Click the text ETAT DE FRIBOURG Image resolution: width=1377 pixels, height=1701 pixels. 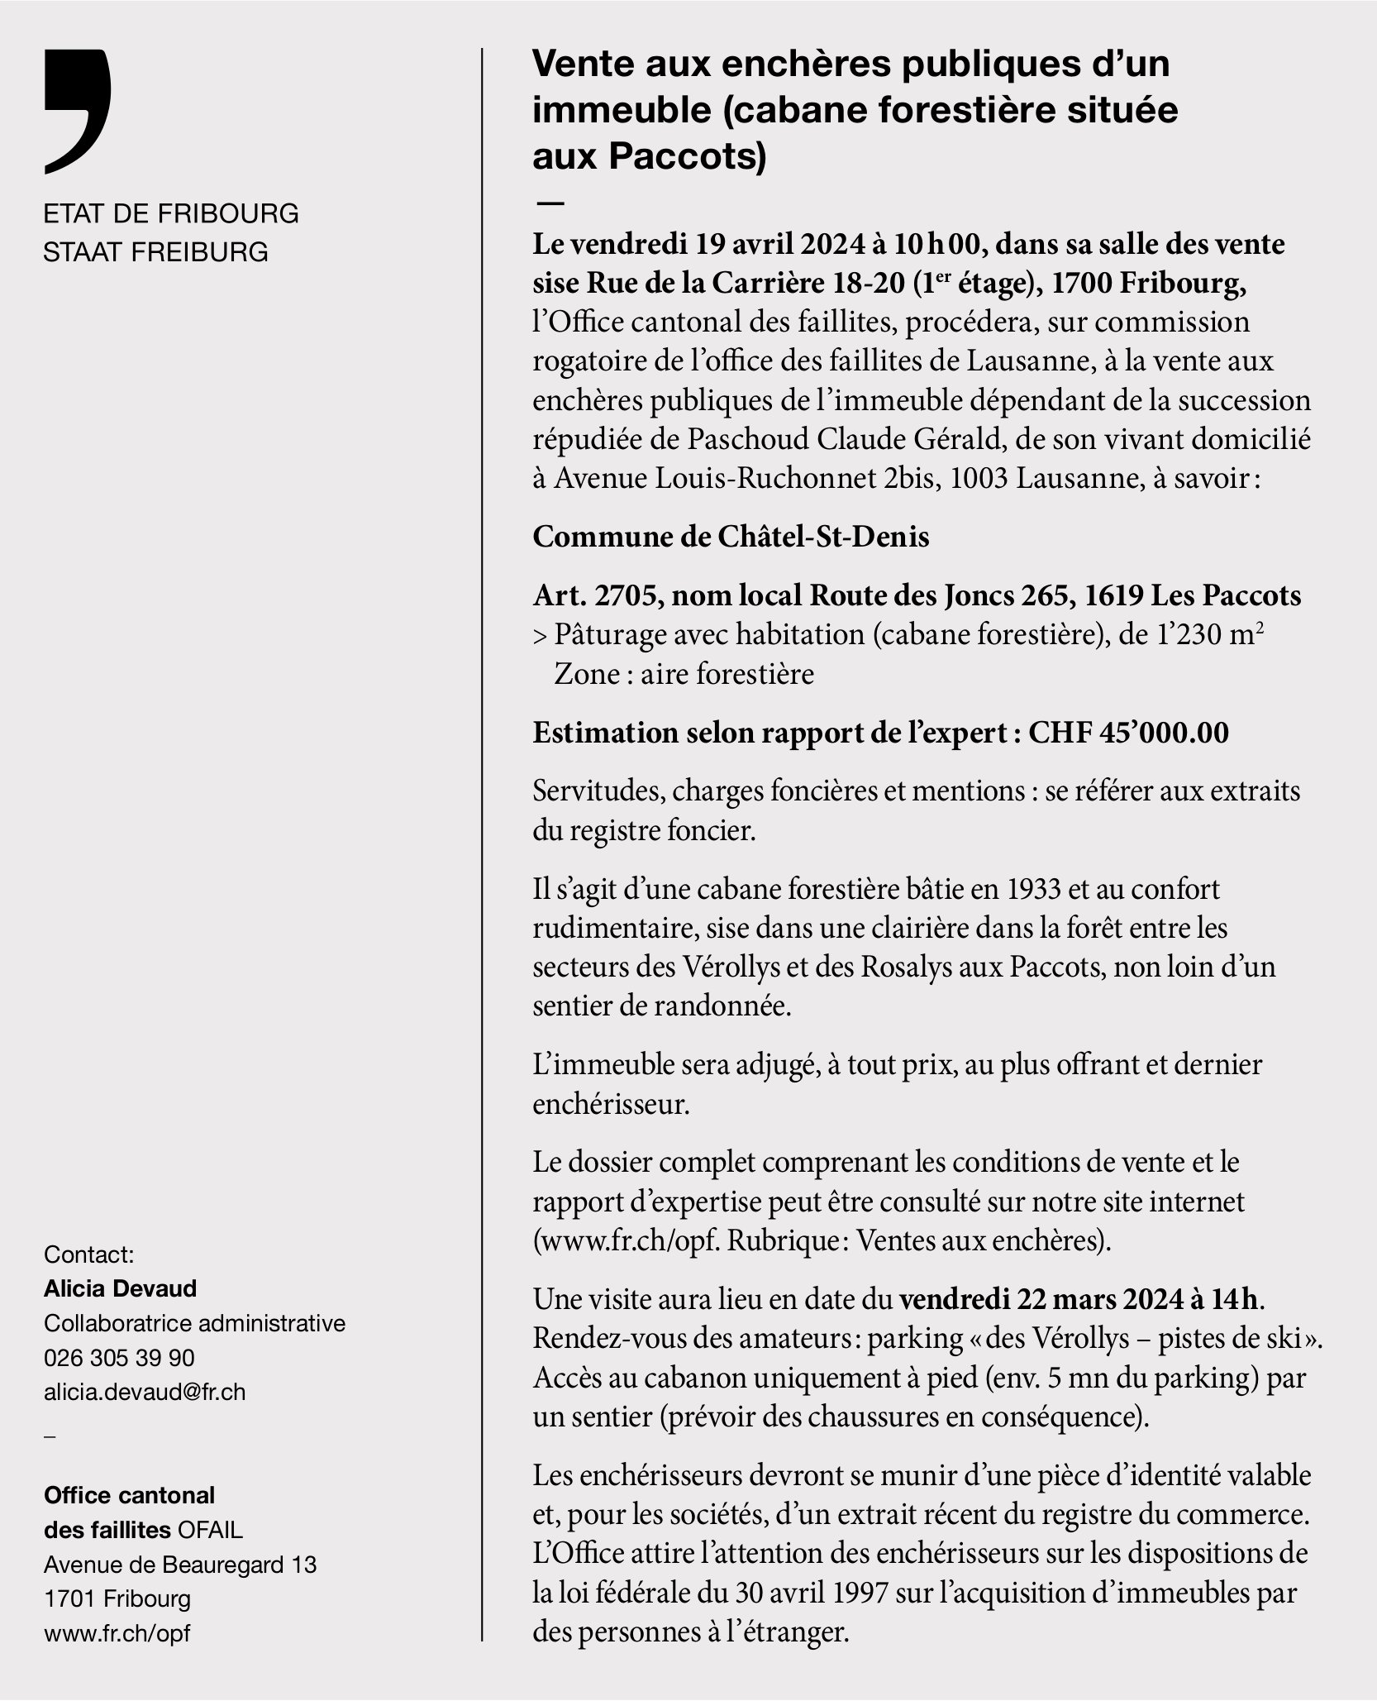tap(171, 213)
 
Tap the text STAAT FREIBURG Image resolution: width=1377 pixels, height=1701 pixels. tap(156, 251)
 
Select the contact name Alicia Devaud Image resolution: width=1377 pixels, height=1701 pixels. tap(121, 1288)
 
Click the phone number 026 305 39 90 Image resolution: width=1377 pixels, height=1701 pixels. tap(119, 1358)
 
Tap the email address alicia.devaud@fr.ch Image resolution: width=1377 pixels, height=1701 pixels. tap(145, 1392)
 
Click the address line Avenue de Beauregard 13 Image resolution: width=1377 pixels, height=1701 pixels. tap(180, 1565)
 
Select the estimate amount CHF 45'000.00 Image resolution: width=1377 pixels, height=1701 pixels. tap(1128, 732)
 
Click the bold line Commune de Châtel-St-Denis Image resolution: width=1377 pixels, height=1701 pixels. tap(731, 537)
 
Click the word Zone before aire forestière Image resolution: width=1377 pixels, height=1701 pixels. tap(586, 674)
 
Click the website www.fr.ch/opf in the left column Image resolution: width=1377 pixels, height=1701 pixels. tap(117, 1633)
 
